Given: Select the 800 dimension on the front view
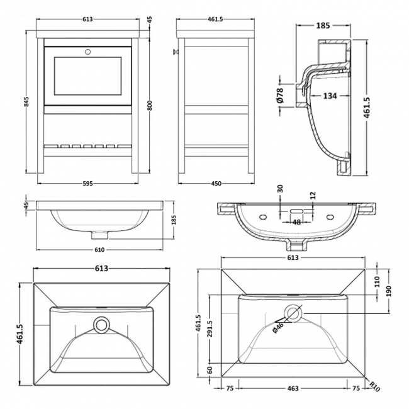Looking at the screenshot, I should click(x=150, y=106).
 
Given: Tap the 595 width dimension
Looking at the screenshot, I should click(x=87, y=183).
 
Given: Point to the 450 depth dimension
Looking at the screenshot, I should click(x=216, y=183).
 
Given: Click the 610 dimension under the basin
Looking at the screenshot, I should click(x=99, y=249).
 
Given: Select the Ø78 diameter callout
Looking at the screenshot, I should click(x=280, y=95).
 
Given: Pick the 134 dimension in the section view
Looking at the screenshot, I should click(x=329, y=96).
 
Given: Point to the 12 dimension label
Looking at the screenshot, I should click(x=313, y=196).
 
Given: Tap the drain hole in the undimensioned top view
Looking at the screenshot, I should click(x=101, y=325).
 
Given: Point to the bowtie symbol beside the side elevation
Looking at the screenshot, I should click(x=173, y=52).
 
